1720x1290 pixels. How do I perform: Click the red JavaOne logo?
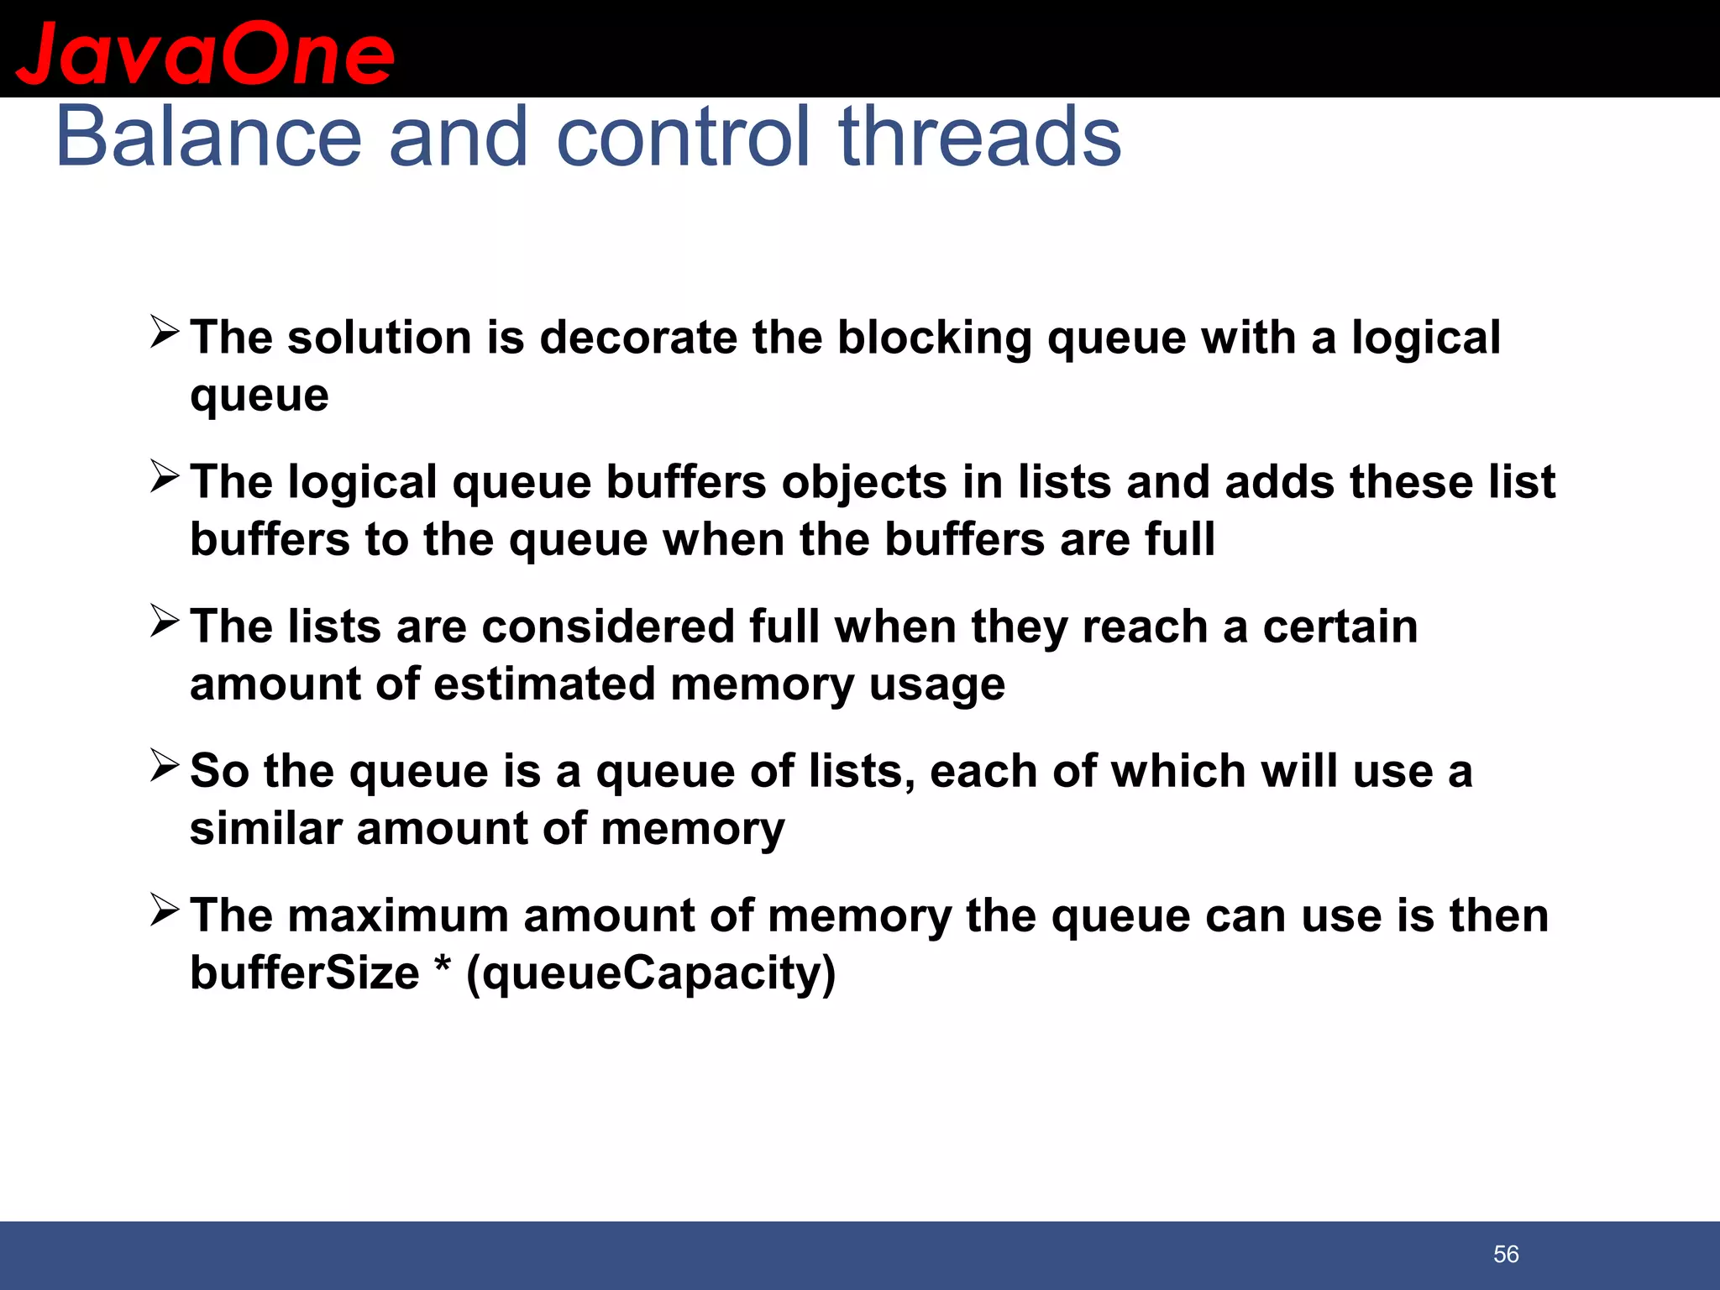pos(205,54)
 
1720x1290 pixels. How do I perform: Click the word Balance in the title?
pos(208,137)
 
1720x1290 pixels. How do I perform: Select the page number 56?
pos(1506,1254)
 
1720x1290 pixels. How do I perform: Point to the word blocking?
pos(934,339)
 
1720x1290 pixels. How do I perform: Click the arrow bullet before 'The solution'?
pos(165,332)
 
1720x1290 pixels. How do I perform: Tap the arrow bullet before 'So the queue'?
pos(165,765)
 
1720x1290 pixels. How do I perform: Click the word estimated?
pos(544,684)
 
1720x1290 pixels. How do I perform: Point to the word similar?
pos(265,828)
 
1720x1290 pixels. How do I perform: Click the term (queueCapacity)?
pos(651,974)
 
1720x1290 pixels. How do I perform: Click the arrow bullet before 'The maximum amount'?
pos(165,910)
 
